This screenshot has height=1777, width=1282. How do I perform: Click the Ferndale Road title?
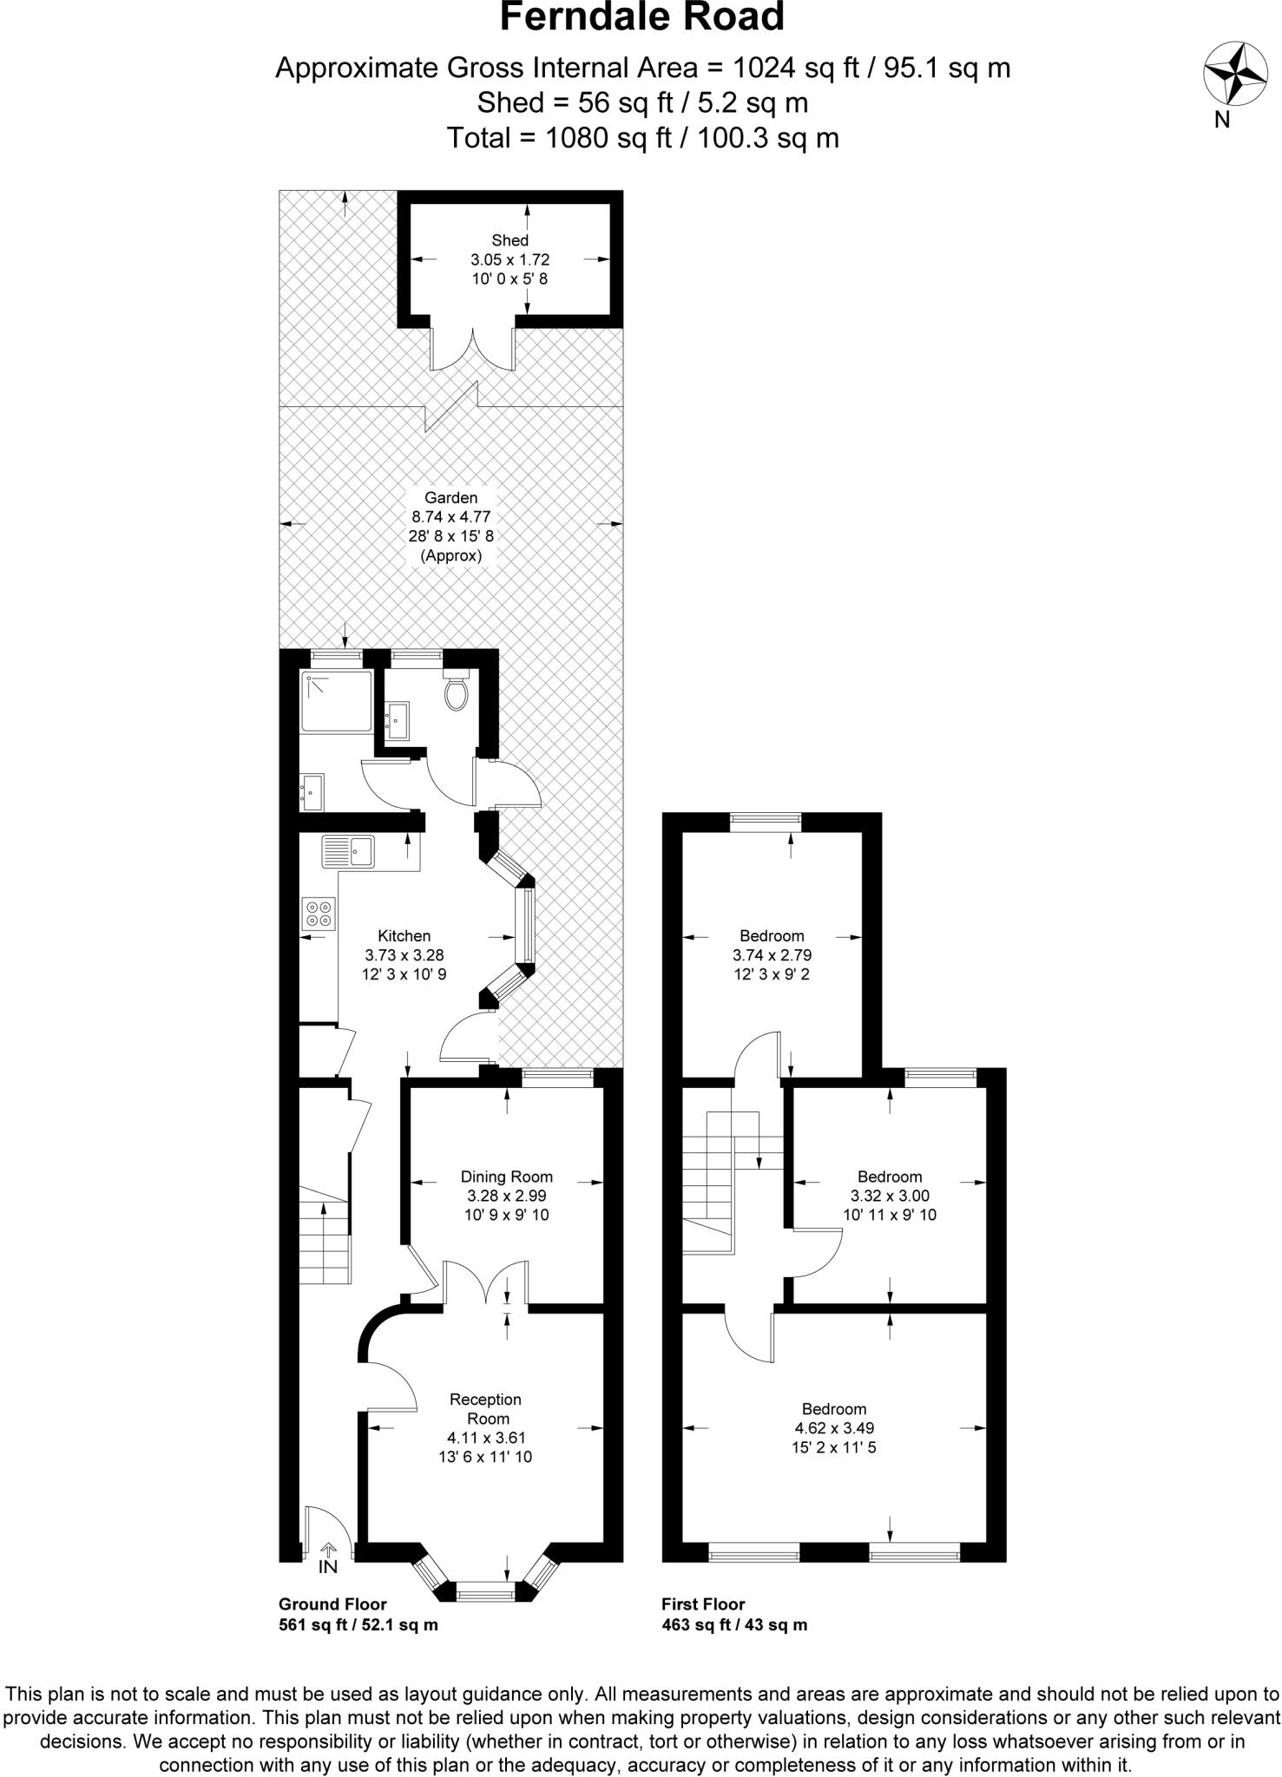[641, 17]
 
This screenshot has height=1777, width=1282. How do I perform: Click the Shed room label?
[510, 240]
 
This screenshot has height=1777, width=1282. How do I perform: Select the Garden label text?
[450, 498]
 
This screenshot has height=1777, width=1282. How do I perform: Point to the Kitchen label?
[404, 936]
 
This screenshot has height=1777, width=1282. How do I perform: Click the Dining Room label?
[506, 1177]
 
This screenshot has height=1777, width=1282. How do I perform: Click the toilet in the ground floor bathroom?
[456, 692]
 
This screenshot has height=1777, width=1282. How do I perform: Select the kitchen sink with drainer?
[347, 851]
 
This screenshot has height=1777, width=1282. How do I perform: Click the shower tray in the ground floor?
[336, 699]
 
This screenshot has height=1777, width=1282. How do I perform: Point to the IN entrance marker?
[328, 1567]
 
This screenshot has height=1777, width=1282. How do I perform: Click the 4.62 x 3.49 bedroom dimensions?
[834, 1427]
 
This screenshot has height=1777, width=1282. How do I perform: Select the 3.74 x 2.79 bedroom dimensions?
[772, 955]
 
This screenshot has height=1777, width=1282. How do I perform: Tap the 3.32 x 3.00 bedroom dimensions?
[889, 1196]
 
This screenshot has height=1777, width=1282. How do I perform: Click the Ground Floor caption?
[332, 1604]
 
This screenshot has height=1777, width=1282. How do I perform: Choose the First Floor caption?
[703, 1604]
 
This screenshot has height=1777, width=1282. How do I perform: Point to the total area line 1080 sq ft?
[641, 137]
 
